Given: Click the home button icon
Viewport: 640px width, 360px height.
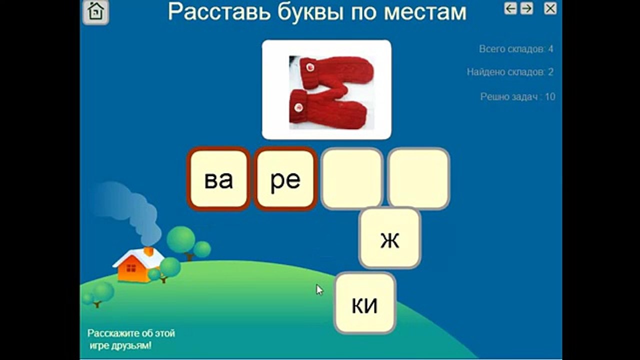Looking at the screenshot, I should click(95, 12).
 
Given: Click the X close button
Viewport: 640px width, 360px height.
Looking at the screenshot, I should click(550, 8).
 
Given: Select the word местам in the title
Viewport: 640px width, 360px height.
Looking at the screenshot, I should click(425, 12).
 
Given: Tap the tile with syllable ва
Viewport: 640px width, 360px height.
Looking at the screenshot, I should click(218, 179).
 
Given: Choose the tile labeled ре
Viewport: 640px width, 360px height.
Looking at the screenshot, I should click(285, 179).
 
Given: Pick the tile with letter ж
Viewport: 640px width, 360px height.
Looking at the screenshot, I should click(390, 238).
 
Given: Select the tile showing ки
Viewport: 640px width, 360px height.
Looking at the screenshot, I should click(365, 303).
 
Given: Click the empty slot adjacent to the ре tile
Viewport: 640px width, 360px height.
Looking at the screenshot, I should click(352, 178).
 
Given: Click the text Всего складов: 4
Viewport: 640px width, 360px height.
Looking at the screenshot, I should click(516, 49).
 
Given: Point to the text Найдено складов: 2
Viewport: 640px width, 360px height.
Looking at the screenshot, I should click(510, 72).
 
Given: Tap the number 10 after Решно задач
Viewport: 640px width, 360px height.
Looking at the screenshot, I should click(550, 96).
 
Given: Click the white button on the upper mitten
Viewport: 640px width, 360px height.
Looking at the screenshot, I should click(309, 66).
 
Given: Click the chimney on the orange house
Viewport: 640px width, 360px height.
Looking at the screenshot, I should click(148, 251).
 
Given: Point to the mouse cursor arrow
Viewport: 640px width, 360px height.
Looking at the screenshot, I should click(319, 289).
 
